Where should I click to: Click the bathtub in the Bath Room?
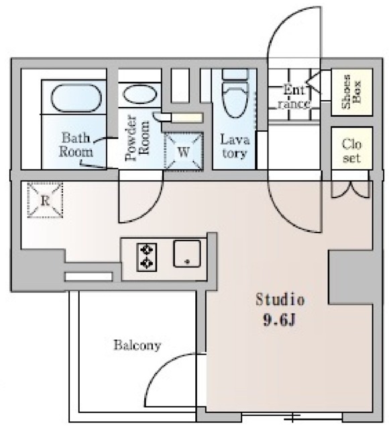(76, 97)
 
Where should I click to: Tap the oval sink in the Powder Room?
(140, 95)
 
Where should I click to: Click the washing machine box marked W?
(184, 151)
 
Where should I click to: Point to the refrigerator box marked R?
(45, 200)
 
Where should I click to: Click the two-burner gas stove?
(147, 257)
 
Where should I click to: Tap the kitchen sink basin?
(187, 253)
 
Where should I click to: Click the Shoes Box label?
(351, 91)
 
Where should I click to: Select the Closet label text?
(351, 151)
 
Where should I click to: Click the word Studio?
(280, 300)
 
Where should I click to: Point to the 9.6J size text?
(279, 320)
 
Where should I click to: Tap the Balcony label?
(137, 345)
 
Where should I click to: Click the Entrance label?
(294, 97)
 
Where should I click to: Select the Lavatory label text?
(235, 146)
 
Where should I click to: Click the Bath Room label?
(76, 144)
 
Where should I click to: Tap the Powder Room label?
(137, 138)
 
